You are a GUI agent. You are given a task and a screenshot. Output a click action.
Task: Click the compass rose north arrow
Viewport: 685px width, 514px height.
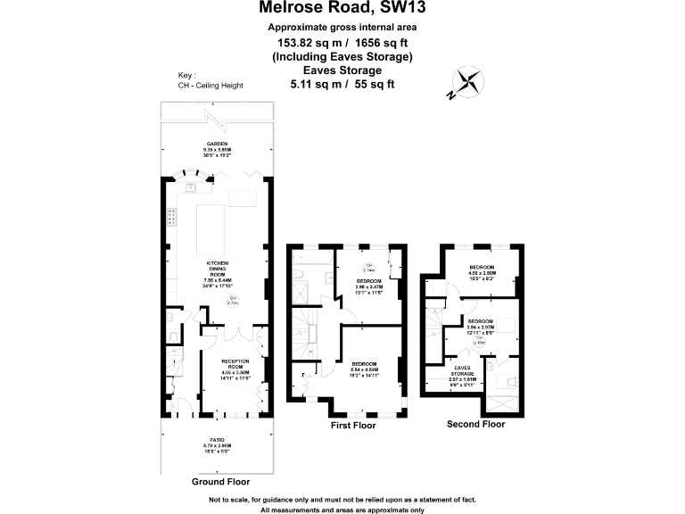(x=468, y=82)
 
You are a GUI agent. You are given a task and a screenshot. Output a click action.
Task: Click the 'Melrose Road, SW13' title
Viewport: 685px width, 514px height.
(x=342, y=9)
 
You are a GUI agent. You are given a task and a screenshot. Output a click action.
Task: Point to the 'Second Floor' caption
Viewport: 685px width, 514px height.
(x=475, y=424)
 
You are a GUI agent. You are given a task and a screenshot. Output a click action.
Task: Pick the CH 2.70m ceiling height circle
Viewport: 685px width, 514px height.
(x=234, y=300)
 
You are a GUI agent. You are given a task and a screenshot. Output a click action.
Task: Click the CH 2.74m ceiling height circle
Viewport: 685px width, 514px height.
(x=368, y=268)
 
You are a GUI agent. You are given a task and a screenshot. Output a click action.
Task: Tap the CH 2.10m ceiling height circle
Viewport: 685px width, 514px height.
(x=478, y=339)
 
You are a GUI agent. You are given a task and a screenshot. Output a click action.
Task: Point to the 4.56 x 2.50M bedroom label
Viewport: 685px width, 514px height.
(x=482, y=270)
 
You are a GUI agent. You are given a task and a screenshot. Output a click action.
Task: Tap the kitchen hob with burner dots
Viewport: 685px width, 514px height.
(x=169, y=218)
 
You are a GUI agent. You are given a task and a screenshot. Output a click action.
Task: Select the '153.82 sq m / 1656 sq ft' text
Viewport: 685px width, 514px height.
(x=342, y=41)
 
